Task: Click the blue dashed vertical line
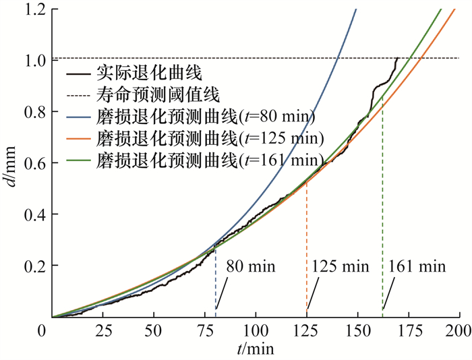[x=216, y=283]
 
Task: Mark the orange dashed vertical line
[x=307, y=256]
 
